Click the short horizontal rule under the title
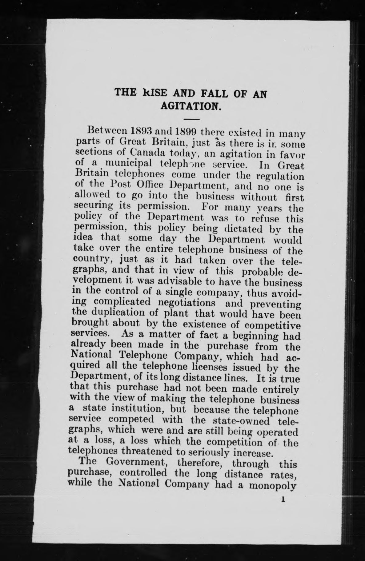pos(191,119)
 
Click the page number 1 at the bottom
pos(282,500)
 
